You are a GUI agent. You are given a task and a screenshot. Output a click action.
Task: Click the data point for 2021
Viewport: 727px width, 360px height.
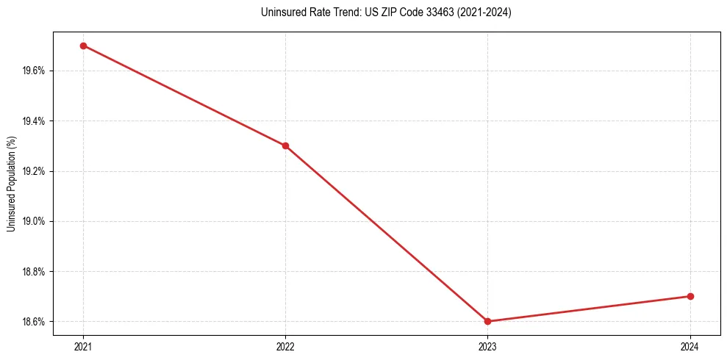(83, 46)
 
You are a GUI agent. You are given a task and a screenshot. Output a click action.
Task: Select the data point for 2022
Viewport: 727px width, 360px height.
(285, 145)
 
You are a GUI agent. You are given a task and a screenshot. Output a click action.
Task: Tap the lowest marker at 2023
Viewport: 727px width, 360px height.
(487, 321)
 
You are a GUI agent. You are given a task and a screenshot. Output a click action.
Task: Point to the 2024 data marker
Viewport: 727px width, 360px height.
(690, 296)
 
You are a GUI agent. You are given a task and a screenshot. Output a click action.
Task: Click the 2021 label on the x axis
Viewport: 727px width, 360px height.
(83, 346)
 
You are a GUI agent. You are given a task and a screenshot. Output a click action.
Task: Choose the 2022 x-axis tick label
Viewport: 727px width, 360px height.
(285, 346)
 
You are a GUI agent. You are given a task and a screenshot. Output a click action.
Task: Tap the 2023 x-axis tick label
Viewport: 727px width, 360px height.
(487, 346)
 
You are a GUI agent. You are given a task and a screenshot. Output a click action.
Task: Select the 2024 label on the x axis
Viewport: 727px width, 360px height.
(690, 346)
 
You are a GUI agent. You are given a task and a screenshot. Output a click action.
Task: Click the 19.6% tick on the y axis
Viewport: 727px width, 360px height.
(35, 71)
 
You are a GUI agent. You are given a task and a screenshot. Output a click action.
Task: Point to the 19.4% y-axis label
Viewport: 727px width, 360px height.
(35, 121)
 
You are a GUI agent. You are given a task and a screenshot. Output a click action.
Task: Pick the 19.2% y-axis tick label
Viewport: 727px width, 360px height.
(35, 171)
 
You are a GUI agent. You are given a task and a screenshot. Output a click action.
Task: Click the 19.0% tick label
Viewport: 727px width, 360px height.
(35, 221)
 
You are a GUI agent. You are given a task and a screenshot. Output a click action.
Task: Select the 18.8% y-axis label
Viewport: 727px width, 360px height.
(35, 272)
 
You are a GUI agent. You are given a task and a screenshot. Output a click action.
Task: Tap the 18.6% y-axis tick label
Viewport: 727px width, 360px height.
(35, 322)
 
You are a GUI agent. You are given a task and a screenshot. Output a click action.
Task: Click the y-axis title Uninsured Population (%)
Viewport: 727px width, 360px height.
(11, 184)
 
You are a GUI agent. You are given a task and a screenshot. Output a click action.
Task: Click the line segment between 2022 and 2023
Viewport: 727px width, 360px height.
(386, 233)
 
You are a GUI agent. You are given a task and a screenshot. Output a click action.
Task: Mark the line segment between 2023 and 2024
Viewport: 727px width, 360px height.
(589, 309)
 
